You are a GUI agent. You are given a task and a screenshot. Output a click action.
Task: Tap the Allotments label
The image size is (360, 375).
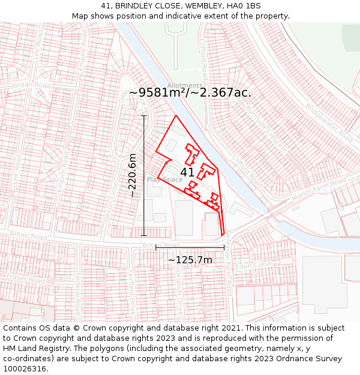click(x=185, y=86)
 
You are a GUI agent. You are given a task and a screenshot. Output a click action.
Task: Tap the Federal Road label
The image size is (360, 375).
click(x=77, y=294)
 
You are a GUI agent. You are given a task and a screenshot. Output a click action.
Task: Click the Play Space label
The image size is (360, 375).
click(x=164, y=179)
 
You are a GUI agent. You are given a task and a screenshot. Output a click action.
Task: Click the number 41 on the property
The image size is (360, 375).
click(x=187, y=172)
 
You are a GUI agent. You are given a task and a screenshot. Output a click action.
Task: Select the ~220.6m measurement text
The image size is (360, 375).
click(x=133, y=175)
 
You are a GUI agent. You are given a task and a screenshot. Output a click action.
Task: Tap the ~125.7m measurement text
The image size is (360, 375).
click(x=190, y=260)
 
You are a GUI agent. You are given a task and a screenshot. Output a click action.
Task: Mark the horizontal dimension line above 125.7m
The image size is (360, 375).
click(x=190, y=247)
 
